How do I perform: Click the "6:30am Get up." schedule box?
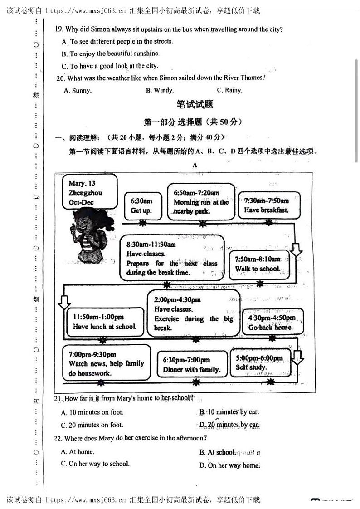[141, 206]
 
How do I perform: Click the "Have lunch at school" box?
[104, 322]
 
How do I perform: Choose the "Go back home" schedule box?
[271, 322]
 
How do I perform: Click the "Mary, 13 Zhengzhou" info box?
[90, 193]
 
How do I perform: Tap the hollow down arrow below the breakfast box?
[296, 250]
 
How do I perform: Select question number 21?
[58, 399]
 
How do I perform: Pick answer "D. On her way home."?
[229, 465]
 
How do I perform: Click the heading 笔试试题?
[195, 104]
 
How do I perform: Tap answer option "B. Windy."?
[160, 90]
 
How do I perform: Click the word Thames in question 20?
[252, 78]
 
